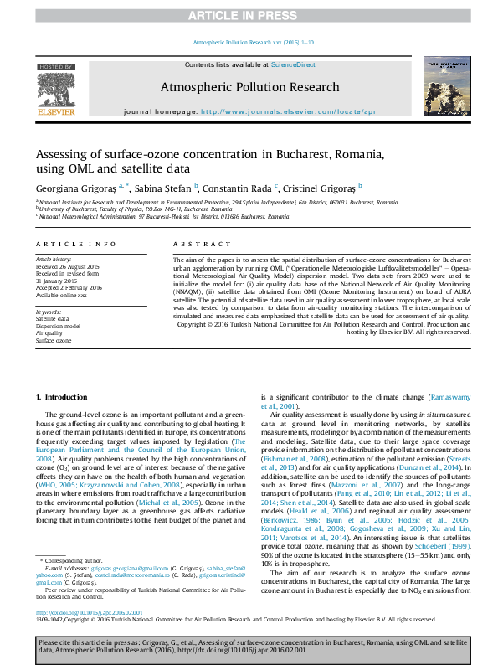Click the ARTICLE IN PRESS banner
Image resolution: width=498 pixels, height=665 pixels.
coord(249,16)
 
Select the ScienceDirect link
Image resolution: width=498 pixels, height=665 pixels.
coord(293,64)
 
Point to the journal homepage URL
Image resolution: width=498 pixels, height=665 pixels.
coord(289,111)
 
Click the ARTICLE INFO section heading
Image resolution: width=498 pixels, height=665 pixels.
coord(75,244)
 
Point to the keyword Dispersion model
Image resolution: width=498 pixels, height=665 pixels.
coord(58,326)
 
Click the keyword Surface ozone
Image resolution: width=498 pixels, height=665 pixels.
coord(54,341)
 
